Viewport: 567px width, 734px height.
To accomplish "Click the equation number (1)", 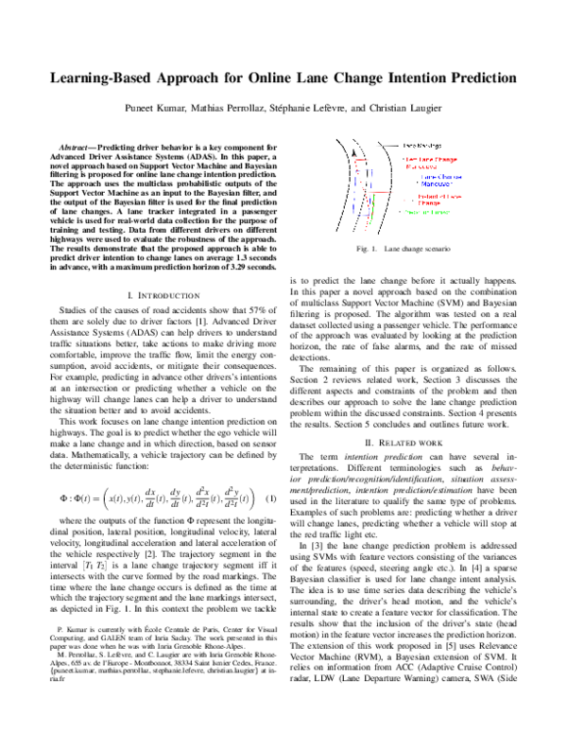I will tap(271, 498).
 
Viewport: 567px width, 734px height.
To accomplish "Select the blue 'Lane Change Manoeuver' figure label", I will tap(439, 177).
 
